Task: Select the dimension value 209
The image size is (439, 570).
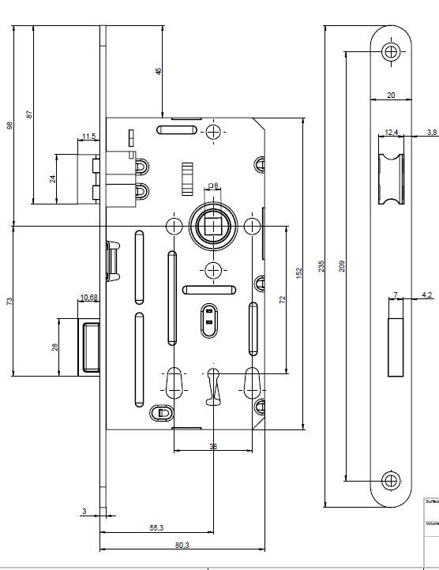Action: [x=341, y=267]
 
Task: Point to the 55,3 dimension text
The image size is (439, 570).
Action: [x=156, y=527]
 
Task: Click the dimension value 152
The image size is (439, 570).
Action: [x=299, y=272]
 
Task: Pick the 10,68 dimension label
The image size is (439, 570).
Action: [x=88, y=298]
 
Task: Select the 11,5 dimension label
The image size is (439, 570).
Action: [x=88, y=137]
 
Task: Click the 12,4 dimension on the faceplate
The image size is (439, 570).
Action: [x=392, y=131]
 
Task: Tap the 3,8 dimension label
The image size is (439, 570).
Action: [x=432, y=131]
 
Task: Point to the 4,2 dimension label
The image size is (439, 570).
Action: [x=427, y=294]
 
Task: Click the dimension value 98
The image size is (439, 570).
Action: [x=10, y=126]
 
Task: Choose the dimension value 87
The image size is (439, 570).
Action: [x=30, y=114]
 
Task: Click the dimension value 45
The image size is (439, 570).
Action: [x=158, y=71]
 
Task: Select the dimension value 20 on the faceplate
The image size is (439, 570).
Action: [x=391, y=95]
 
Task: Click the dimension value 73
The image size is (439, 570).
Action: [x=10, y=301]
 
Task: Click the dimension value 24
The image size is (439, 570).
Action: [x=53, y=179]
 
